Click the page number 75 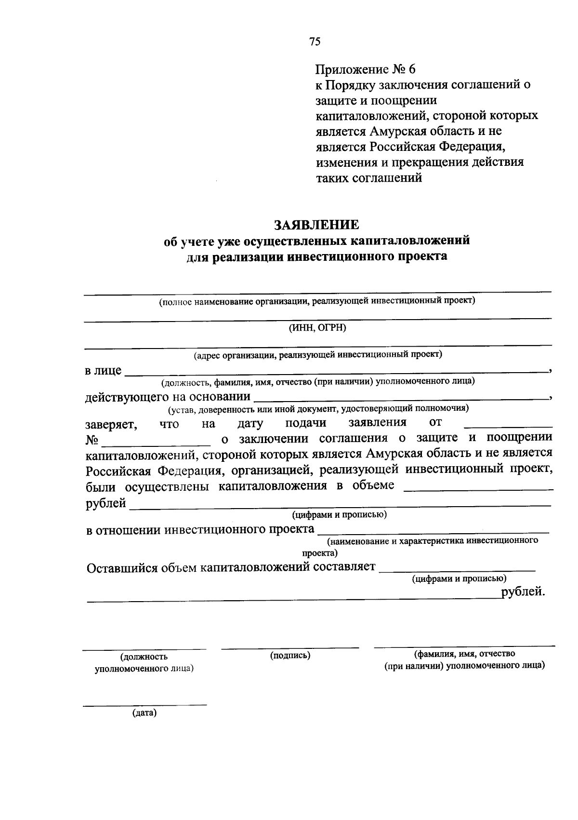pos(315,41)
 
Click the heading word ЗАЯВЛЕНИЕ pos(316,225)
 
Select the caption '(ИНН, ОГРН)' pos(317,328)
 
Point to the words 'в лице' pos(103,371)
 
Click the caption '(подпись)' pos(290,655)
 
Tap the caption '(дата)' pos(144,713)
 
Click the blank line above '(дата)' pos(144,705)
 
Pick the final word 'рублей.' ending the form pos(523,591)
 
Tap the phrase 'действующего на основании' pos(168,397)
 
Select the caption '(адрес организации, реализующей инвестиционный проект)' pos(317,355)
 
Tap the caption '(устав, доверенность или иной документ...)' pos(317,409)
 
